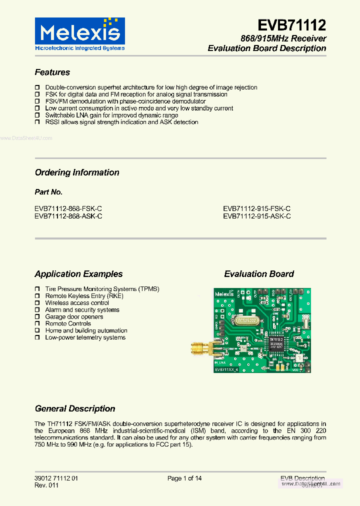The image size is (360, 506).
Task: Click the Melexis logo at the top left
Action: [79, 34]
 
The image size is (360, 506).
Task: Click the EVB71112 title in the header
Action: [291, 25]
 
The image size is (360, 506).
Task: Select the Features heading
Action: [52, 72]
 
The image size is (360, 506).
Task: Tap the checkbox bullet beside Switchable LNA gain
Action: [37, 115]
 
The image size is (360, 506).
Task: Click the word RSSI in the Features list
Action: [52, 122]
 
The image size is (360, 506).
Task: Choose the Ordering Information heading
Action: [77, 172]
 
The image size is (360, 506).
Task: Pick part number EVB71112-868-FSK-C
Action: [68, 208]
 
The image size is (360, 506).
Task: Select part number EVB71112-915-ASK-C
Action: [256, 216]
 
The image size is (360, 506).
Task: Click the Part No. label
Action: [48, 192]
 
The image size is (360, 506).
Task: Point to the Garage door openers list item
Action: [74, 316]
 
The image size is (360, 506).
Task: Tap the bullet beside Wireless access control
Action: [37, 302]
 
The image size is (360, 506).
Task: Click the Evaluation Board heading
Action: [258, 274]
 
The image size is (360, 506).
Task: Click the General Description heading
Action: [75, 408]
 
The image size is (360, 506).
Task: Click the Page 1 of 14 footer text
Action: [184, 478]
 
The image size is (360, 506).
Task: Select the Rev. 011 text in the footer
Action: [46, 485]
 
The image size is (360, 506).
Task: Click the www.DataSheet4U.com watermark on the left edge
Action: [26, 138]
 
